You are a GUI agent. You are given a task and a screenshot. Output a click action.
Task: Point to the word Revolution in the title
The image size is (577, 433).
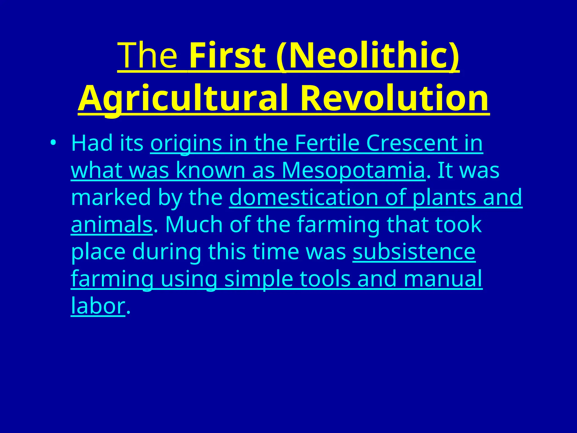click(x=394, y=99)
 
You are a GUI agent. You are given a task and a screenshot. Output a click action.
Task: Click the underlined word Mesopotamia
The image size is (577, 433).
click(x=353, y=171)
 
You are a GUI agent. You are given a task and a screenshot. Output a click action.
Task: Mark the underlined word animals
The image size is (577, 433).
click(x=112, y=224)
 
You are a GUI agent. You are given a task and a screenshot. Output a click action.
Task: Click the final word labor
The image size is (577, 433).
click(x=98, y=306)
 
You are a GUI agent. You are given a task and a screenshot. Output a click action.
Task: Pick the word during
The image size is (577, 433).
click(x=167, y=251)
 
